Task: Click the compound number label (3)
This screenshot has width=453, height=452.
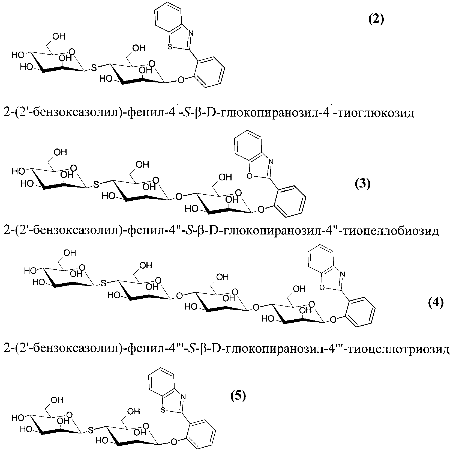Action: [362, 185]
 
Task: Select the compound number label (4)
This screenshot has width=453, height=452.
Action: [435, 303]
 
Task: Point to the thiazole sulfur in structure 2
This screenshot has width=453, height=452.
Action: [170, 47]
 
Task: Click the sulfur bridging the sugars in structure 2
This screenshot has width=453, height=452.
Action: [94, 68]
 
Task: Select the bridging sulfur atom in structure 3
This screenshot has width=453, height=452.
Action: [96, 185]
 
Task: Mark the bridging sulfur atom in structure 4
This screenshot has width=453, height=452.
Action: [103, 284]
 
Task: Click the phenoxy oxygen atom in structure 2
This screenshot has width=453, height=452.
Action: [180, 80]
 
